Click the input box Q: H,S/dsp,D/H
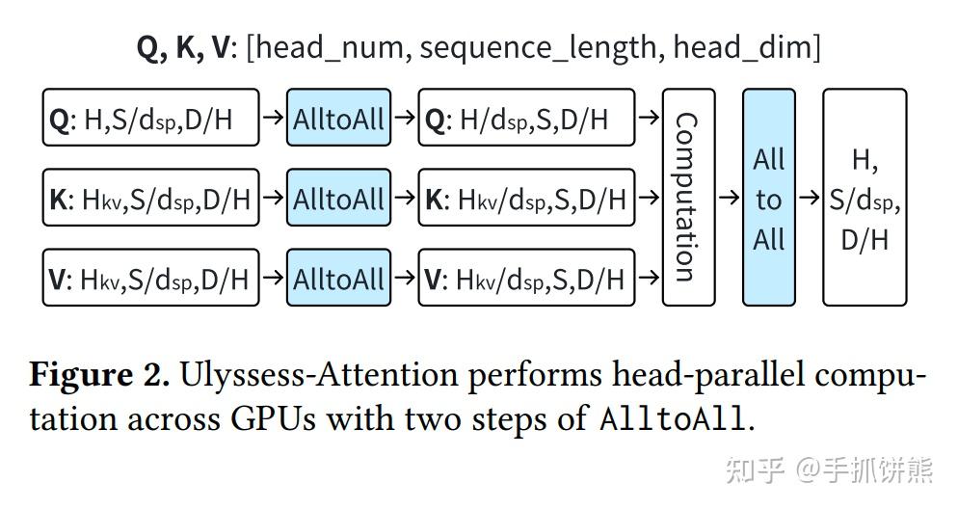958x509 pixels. coord(151,119)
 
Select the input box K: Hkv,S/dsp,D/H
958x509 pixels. coord(151,199)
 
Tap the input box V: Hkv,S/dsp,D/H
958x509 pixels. coord(151,278)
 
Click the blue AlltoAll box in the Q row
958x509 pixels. coord(338,119)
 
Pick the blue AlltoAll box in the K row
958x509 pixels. coord(338,199)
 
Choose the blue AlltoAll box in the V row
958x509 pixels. coord(338,278)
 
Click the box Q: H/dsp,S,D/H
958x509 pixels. coord(526,119)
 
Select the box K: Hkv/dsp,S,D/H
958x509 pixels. coord(526,199)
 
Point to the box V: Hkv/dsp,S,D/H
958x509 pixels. coord(526,278)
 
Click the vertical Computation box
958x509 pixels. coord(689,198)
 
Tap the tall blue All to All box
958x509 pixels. coord(768,198)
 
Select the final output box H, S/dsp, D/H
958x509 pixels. coord(865,198)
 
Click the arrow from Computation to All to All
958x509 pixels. coord(729,199)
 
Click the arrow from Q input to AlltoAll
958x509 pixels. coord(274,119)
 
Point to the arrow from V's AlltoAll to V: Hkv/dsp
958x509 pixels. coord(404,278)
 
